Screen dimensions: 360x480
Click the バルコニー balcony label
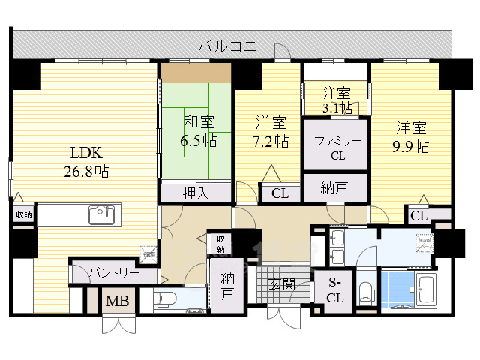pyautogui.click(x=234, y=46)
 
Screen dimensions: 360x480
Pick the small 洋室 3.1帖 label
pyautogui.click(x=337, y=100)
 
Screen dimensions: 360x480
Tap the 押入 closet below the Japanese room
pyautogui.click(x=195, y=193)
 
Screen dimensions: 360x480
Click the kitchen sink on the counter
pyautogui.click(x=100, y=216)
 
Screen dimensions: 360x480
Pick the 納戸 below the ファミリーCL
pyautogui.click(x=336, y=187)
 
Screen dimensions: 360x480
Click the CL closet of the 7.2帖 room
pyautogui.click(x=279, y=193)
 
